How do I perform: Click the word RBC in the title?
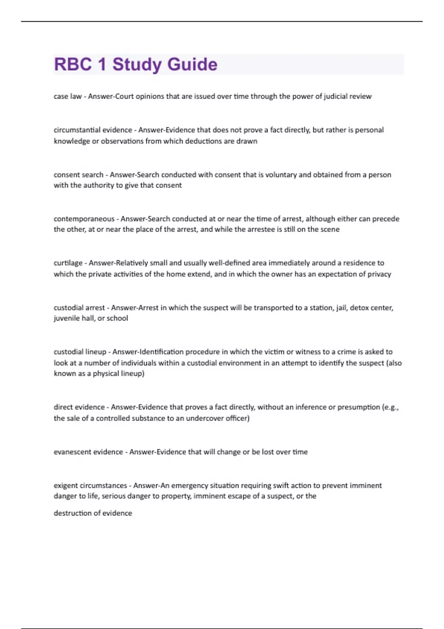pyautogui.click(x=73, y=64)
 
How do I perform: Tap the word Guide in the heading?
pyautogui.click(x=192, y=64)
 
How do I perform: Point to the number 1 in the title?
pyautogui.click(x=102, y=64)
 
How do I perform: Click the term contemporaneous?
pyautogui.click(x=84, y=219)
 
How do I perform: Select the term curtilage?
pyautogui.click(x=68, y=263)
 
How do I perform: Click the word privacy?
pyautogui.click(x=379, y=274)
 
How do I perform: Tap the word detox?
pyautogui.click(x=359, y=307)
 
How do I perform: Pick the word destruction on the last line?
pyautogui.click(x=72, y=513)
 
